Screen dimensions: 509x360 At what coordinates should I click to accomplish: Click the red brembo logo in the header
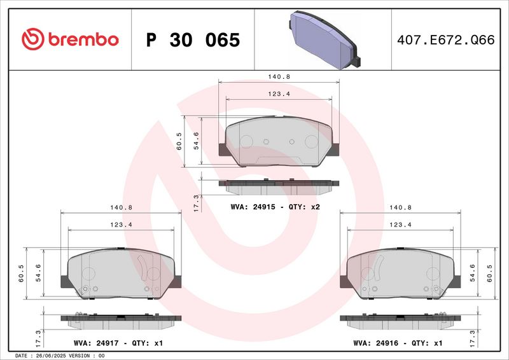coord(70,39)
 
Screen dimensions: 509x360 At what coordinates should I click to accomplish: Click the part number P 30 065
coord(193,40)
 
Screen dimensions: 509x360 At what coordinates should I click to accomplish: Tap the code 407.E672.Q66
coord(446,40)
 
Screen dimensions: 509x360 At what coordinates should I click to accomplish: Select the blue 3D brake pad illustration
coord(324,40)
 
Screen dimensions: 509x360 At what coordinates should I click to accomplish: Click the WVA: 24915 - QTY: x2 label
coord(275,207)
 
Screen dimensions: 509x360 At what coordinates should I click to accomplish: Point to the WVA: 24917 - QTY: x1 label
coord(118,343)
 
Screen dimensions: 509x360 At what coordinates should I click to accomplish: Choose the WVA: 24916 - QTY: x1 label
coord(398,343)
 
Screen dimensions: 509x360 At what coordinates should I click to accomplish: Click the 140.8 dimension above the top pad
coord(279,77)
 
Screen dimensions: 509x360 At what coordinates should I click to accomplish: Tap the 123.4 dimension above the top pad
coord(279,94)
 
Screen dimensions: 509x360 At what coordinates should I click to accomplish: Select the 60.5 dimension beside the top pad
coord(179,141)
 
